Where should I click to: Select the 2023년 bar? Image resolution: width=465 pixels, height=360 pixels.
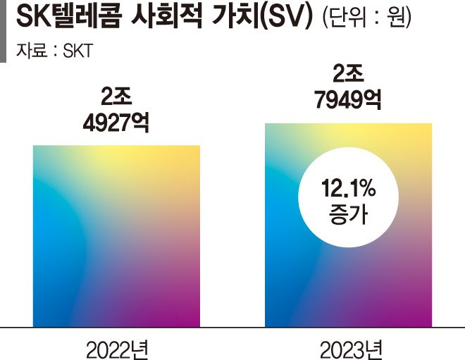coord(348,282)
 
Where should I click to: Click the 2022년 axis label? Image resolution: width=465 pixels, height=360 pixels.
coord(117,347)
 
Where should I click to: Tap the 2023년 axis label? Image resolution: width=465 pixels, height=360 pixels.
coord(349,347)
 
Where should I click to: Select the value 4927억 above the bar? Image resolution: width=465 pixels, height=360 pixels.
coord(116,121)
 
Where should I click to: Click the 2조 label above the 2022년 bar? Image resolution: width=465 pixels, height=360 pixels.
coord(116,96)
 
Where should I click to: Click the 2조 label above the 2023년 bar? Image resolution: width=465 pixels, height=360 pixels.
coord(348,74)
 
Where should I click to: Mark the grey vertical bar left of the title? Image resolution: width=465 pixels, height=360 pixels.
coord(3,31)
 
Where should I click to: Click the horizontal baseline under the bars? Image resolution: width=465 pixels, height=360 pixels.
coord(232,328)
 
